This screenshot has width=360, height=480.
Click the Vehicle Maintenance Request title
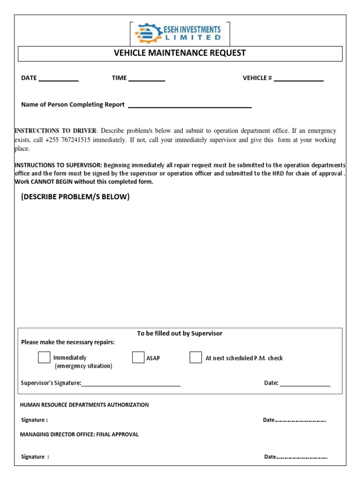[180, 53]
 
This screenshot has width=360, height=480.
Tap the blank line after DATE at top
[58, 80]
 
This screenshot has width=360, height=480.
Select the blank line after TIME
[146, 80]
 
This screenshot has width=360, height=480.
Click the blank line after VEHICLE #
[299, 80]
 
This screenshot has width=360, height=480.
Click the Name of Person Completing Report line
[190, 107]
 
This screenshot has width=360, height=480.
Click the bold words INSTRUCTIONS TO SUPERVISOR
[58, 165]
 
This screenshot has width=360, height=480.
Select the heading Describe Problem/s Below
[75, 197]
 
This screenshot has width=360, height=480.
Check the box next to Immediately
[44, 358]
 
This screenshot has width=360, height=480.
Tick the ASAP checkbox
[138, 358]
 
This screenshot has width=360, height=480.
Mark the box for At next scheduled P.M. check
[195, 358]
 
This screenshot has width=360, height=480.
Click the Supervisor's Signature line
[131, 385]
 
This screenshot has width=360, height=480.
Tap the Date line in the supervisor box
[305, 385]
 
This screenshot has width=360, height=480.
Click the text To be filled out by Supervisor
[180, 333]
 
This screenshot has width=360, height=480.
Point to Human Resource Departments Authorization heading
[84, 405]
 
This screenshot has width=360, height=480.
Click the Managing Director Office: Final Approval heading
[79, 434]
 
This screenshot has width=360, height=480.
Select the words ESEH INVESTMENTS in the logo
[193, 29]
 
